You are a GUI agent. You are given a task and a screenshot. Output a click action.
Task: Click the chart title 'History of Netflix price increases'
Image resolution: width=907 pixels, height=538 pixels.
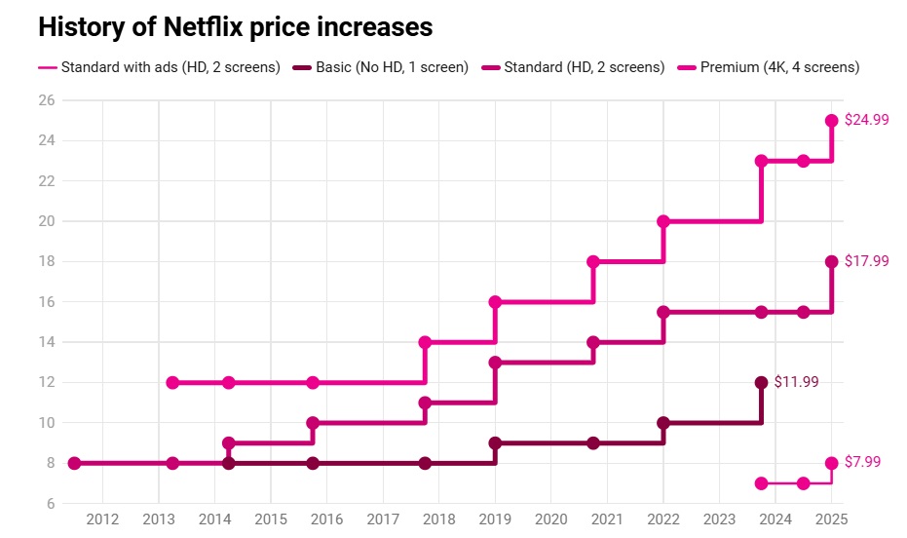point(235,27)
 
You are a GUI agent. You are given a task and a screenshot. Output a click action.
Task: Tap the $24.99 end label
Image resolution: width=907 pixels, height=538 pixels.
point(865,120)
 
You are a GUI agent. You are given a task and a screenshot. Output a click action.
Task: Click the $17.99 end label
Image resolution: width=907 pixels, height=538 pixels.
point(865,261)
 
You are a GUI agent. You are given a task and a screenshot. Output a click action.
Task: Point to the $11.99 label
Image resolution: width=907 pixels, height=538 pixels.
point(796,382)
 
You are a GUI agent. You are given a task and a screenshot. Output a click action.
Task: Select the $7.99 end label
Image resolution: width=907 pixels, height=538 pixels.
point(861,462)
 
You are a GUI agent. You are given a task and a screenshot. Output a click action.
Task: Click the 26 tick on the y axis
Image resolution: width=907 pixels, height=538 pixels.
point(46,100)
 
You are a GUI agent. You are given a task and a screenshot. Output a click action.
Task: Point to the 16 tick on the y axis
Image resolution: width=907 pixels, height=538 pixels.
point(46,302)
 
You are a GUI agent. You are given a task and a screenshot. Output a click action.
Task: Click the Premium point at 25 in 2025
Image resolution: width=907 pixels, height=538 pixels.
point(832,121)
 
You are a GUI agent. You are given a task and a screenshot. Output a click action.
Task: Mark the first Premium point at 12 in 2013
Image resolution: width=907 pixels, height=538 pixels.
point(172,383)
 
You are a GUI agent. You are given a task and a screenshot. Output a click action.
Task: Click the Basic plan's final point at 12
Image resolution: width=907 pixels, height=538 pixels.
point(761,383)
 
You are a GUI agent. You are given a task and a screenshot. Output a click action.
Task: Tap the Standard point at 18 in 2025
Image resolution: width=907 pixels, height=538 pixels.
point(832,262)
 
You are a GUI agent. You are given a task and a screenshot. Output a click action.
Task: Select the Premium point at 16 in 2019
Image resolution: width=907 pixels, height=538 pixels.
point(495,302)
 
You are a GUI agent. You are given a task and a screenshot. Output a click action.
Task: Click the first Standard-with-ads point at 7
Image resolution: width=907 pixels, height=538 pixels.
point(761,483)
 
